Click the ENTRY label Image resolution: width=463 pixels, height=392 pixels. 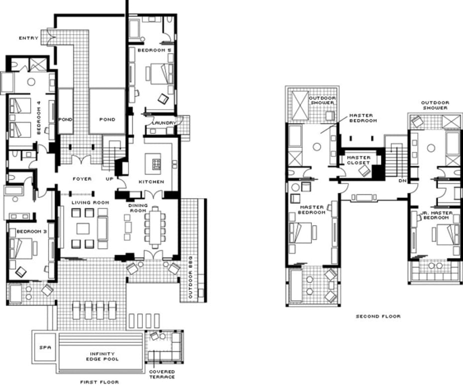coord(29,38)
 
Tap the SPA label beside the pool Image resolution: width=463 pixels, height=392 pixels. coord(45,347)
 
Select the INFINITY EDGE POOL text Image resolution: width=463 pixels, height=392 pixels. coord(102,356)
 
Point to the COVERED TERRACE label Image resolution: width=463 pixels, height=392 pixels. coord(162,374)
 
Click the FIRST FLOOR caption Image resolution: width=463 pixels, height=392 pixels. coord(100,382)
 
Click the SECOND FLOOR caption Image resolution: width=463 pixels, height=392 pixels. coord(378,316)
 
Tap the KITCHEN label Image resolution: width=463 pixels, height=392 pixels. coord(151,182)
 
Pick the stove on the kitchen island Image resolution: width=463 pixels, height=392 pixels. coord(156,163)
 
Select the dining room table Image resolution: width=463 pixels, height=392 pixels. coord(155,228)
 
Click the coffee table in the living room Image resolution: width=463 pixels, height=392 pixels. coord(83,229)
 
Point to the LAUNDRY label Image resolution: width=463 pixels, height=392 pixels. coord(164,123)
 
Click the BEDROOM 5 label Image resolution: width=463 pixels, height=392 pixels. coord(154,50)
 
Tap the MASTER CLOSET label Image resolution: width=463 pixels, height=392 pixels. coord(358,160)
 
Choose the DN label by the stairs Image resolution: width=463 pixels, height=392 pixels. coord(403,181)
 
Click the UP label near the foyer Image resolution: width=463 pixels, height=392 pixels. coord(110,179)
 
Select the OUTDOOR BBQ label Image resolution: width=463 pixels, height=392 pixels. coord(191,277)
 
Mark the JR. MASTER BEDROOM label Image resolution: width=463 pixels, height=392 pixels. coord(436,215)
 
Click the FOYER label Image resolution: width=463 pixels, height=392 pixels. coord(82,179)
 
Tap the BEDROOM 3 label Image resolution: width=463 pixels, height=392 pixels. coord(31,232)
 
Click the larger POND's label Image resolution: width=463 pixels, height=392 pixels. coord(107,119)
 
